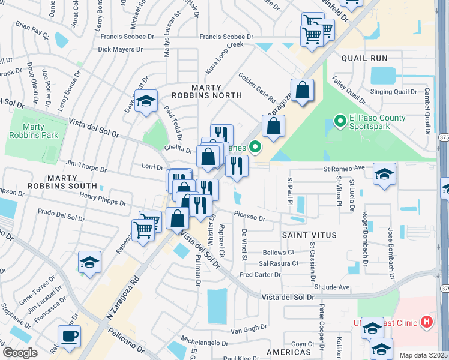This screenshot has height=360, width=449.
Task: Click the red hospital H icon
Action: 427,323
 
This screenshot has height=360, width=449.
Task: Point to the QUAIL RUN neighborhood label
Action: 364,59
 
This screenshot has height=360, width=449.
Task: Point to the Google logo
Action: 20,353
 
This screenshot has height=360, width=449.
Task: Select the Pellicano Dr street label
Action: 128,340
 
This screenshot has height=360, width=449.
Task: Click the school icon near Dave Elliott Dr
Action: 145,101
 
